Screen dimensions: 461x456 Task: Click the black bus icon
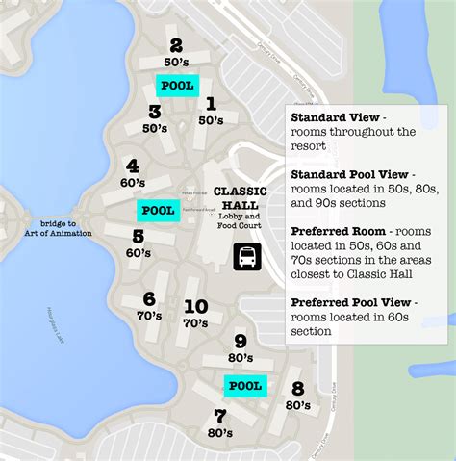(x=246, y=257)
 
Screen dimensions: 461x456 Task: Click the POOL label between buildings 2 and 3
(x=176, y=85)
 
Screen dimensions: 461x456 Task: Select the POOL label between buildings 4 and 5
(x=158, y=210)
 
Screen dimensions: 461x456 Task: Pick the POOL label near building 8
(x=244, y=386)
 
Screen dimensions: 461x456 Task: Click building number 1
(x=211, y=104)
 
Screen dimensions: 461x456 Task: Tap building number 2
(x=175, y=44)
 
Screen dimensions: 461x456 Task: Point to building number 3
(x=154, y=112)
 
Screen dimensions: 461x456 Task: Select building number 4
(x=132, y=166)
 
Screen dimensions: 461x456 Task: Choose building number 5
(x=139, y=236)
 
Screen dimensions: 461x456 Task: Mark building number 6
(x=149, y=299)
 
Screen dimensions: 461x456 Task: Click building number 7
(x=219, y=417)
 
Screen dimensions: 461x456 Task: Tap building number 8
(x=297, y=389)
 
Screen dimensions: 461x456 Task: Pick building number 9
(x=240, y=341)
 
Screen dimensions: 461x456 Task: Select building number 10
(x=195, y=307)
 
